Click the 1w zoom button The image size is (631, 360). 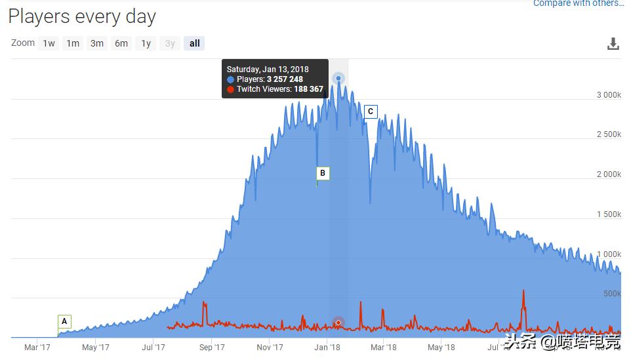point(49,43)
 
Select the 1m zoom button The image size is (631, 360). point(73,43)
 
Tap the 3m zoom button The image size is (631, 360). point(97,43)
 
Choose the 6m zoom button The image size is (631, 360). point(121,43)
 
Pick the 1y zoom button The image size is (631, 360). point(146,43)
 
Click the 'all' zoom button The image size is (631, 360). point(194,43)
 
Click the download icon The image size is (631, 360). point(613,44)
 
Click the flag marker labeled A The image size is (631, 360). point(64,321)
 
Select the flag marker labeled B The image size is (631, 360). point(322,173)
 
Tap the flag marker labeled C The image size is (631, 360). point(371,111)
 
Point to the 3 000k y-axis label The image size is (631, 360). point(608,95)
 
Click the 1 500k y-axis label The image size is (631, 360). point(608,214)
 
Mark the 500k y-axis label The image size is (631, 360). point(612,294)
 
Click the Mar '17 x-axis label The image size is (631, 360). point(37,348)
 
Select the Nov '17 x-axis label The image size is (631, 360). point(270,348)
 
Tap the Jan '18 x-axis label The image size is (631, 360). point(327,348)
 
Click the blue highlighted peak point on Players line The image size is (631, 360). point(338,79)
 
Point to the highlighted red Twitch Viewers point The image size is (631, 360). point(338,323)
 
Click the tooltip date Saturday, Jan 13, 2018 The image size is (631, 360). point(268,69)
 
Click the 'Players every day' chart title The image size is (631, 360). point(82,16)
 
